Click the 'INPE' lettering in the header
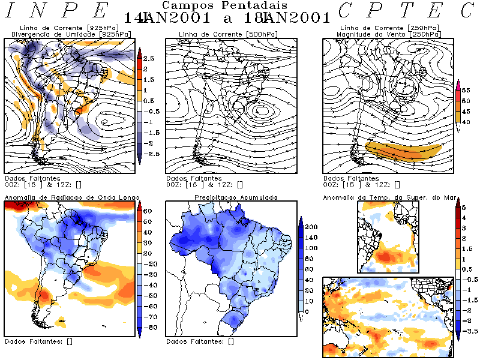[x=58, y=11]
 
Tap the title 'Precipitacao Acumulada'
[x=235, y=197]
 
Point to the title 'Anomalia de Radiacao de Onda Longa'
[x=72, y=197]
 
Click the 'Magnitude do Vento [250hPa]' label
[x=388, y=34]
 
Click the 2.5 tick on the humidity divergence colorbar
[x=149, y=58]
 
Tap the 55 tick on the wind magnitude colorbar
[x=464, y=89]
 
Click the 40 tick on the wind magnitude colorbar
[x=464, y=122]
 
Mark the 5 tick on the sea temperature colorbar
[x=463, y=207]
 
